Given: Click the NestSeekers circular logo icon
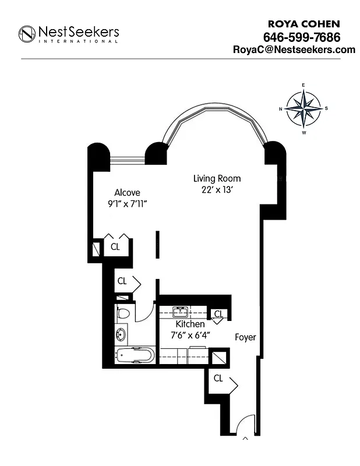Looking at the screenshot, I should coord(27,34).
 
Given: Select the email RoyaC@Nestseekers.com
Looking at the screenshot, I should coord(294,50).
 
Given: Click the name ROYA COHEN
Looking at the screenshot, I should coord(303,24).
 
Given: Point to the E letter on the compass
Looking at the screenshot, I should coord(303,85).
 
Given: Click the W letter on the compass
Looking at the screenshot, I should coord(303,132).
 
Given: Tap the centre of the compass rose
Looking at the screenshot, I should coord(303,108).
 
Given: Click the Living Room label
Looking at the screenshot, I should coord(217,178).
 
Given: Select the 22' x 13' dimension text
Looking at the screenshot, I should coord(217,189).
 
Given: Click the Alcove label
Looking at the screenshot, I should coord(127,192).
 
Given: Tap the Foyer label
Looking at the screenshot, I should coord(245,337).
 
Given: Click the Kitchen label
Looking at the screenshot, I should coord(190,324).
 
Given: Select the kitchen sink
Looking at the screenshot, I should coord(180,310).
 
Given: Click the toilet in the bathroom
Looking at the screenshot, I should coord(122,313).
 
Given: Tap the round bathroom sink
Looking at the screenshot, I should coord(121,335).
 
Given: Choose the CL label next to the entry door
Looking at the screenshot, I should coord(218,378).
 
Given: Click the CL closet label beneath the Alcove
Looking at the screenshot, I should coord(115,246).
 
